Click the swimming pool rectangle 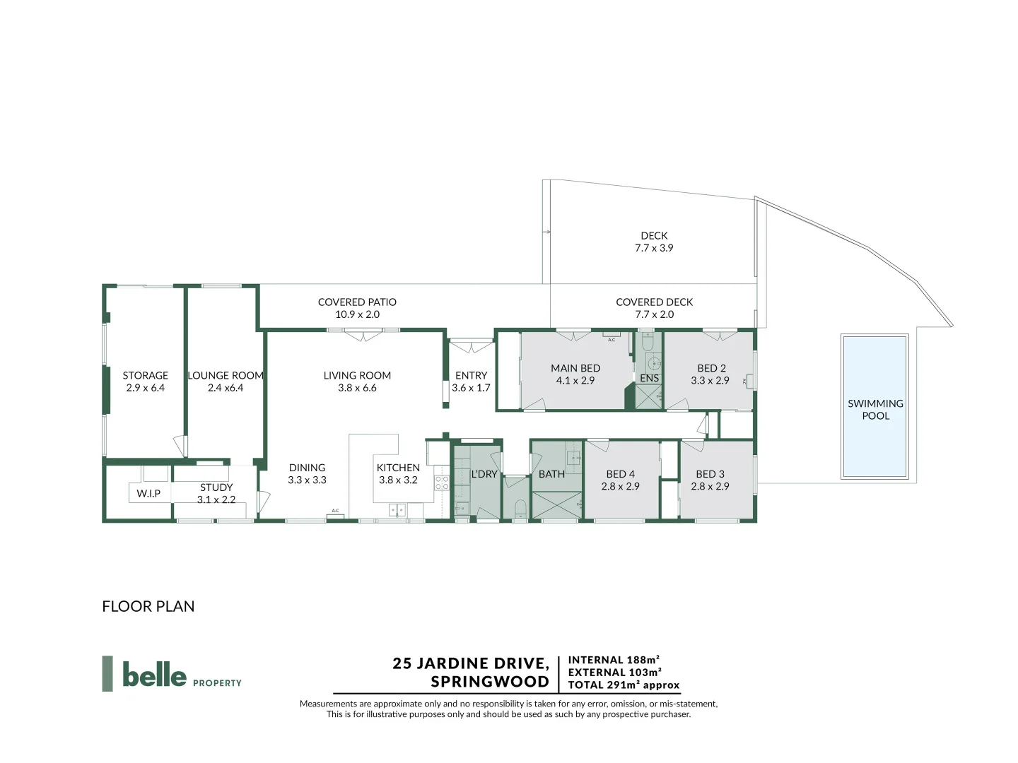tap(874, 406)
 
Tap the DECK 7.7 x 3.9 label tap(654, 242)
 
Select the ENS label tap(649, 379)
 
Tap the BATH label tap(551, 474)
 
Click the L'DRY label tap(484, 474)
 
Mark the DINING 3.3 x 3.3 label tap(307, 473)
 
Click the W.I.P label tap(148, 494)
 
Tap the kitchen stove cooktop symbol tap(441, 483)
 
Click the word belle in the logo tap(154, 674)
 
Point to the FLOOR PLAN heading tap(148, 606)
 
